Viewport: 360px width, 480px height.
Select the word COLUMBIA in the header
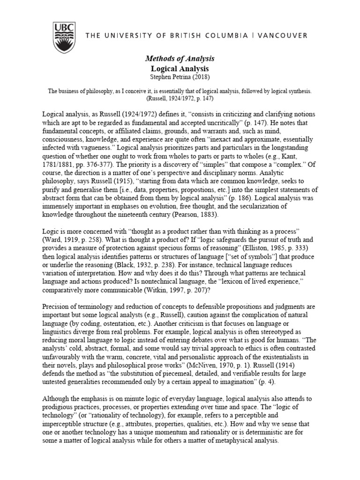tap(219, 35)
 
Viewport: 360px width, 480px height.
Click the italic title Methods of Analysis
tap(180, 59)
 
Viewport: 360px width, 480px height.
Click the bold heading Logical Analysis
tap(180, 68)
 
